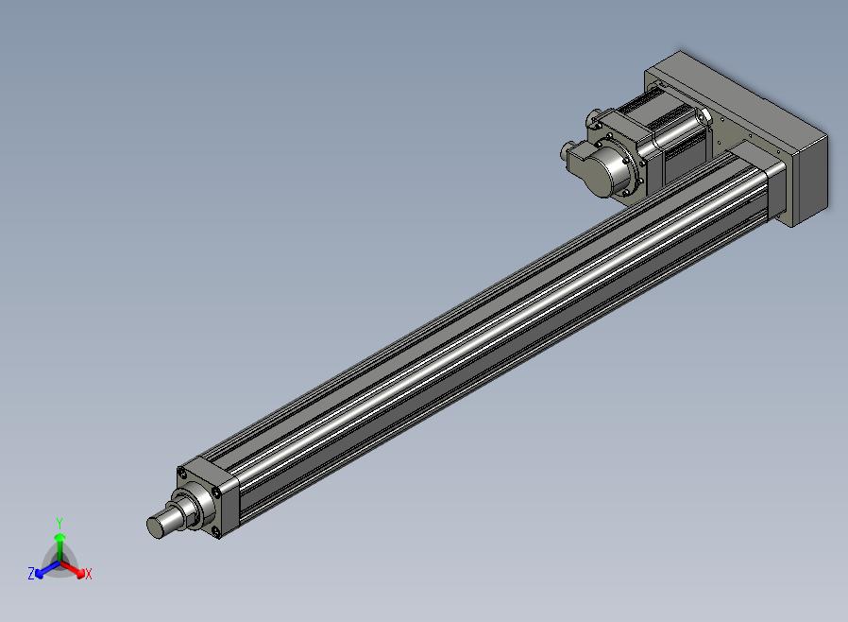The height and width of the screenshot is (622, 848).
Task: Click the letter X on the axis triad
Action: coord(88,575)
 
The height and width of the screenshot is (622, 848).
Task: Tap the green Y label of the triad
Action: coord(59,523)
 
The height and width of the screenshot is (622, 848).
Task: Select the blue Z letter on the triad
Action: coord(31,573)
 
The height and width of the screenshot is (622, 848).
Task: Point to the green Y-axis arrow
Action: coord(60,545)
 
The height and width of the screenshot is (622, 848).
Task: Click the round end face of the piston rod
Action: coord(155,527)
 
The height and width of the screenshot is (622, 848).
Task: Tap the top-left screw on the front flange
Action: coord(182,475)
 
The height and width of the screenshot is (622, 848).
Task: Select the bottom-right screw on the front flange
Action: coord(216,532)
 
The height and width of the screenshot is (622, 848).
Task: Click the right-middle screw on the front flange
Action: coord(216,492)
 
